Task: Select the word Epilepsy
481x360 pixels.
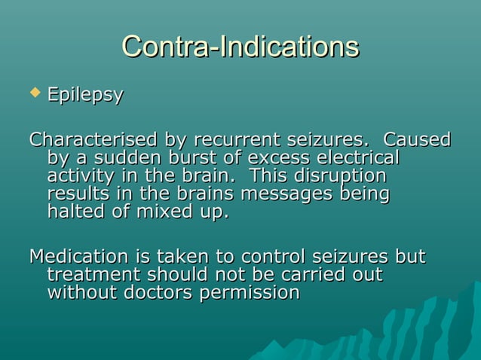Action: coord(85,96)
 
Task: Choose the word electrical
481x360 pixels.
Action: coord(357,159)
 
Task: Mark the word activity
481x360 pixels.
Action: coord(82,177)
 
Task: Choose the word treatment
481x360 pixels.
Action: coord(94,274)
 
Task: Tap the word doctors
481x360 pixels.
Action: coord(155,292)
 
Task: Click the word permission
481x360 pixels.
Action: coord(250,292)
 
